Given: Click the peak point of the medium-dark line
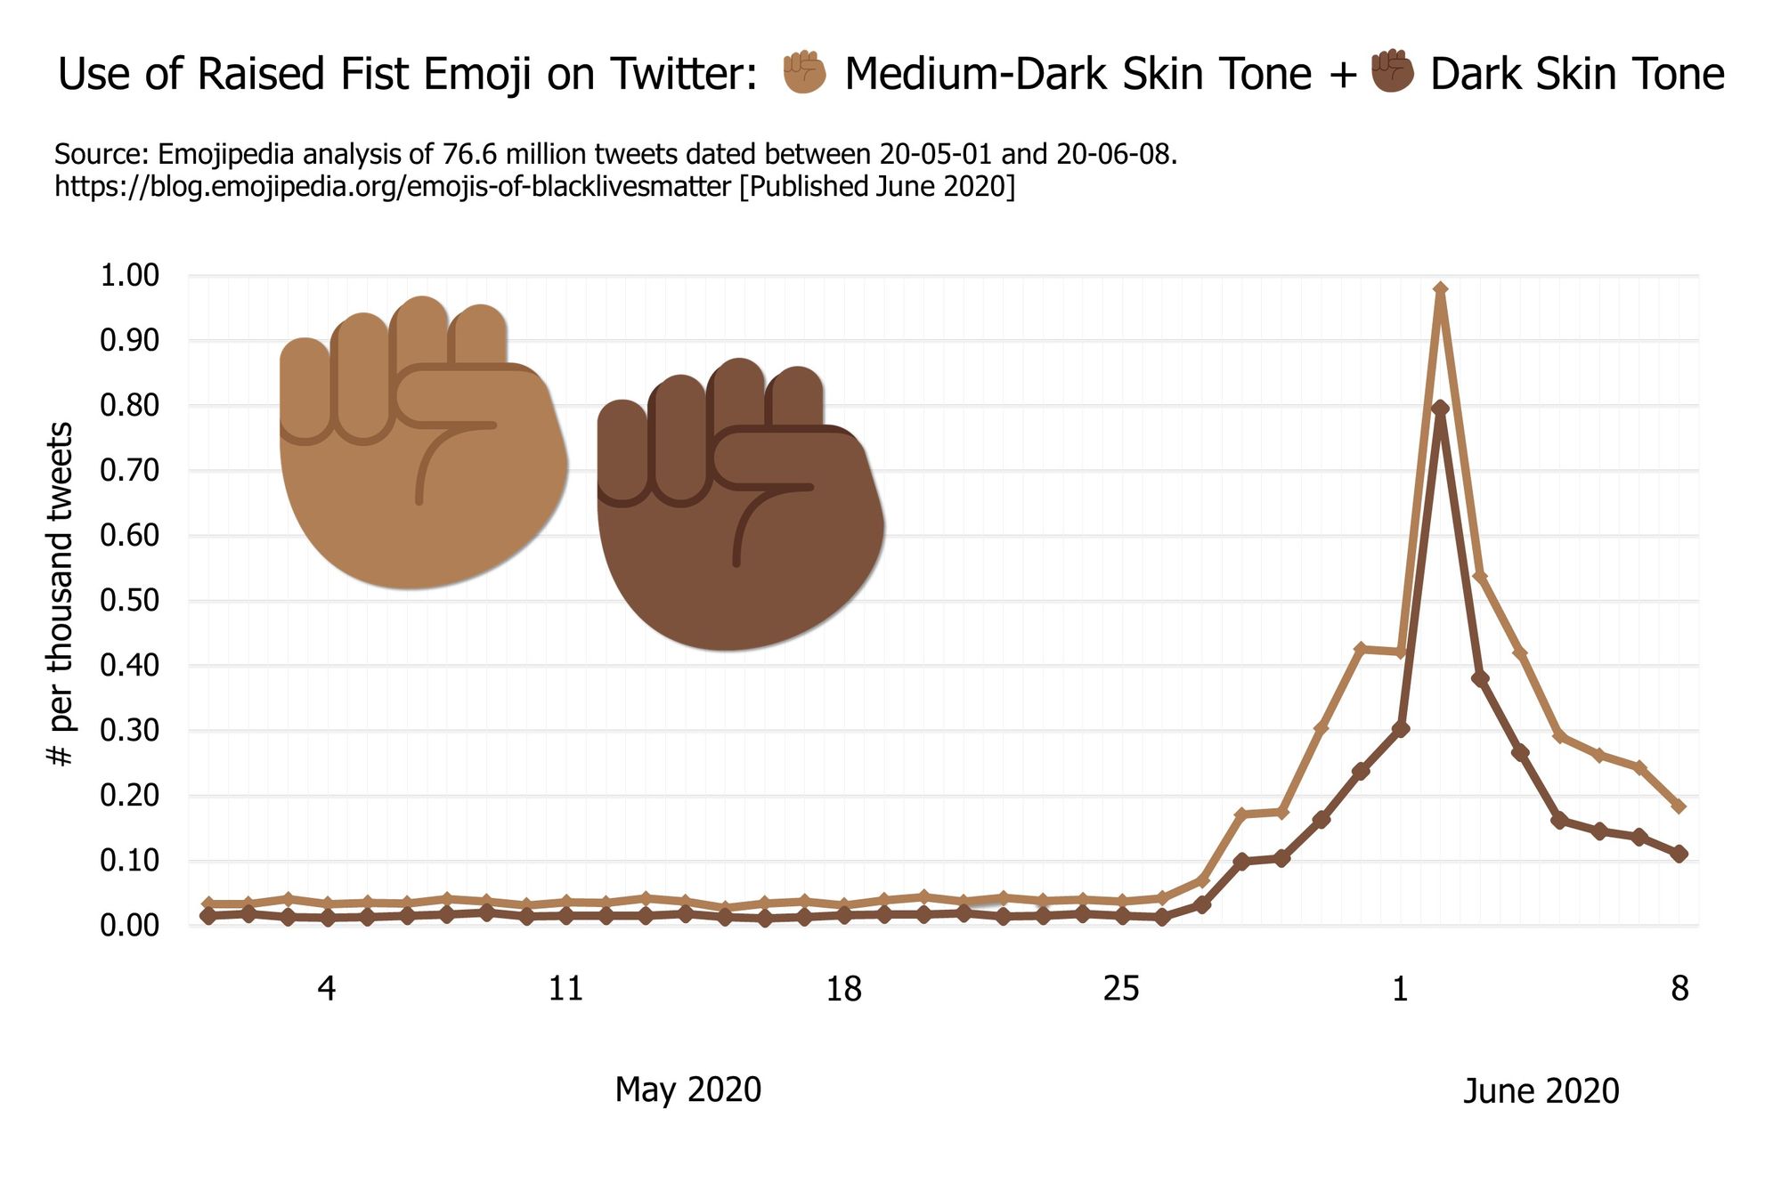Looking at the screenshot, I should tap(1441, 289).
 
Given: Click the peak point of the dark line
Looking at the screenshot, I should tap(1441, 408).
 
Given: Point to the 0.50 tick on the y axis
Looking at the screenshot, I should tap(129, 601).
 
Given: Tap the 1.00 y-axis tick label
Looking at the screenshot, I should tap(129, 275).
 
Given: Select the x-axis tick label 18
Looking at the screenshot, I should tap(843, 989).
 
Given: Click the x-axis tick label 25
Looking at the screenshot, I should tap(1121, 989).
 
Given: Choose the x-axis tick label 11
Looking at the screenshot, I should tap(565, 989).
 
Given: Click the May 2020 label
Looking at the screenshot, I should tap(687, 1090).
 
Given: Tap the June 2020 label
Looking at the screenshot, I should tap(1541, 1091).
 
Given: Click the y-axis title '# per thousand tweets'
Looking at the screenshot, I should tap(60, 594).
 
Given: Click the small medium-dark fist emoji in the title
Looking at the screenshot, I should tap(804, 73).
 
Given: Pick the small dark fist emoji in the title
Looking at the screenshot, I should tap(1392, 71).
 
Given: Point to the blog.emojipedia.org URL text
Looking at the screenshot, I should tap(392, 187).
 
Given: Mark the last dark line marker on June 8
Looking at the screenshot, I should tap(1679, 854).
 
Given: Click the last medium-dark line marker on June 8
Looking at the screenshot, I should tap(1679, 806).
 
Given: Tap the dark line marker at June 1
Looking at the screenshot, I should tap(1401, 729).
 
